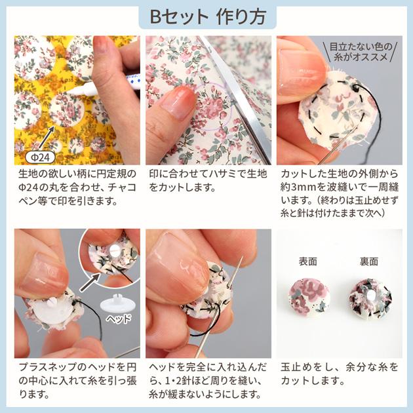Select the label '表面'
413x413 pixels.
pos(307,261)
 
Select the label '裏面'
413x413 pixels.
pos(368,261)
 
